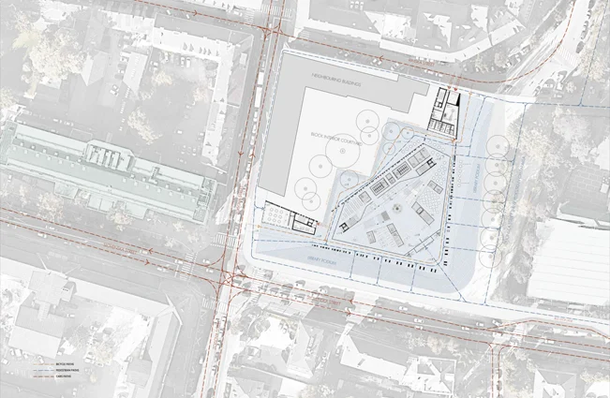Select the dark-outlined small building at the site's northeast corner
(445, 111)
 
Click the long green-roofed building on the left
(108, 169)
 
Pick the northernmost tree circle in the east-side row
(490, 150)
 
